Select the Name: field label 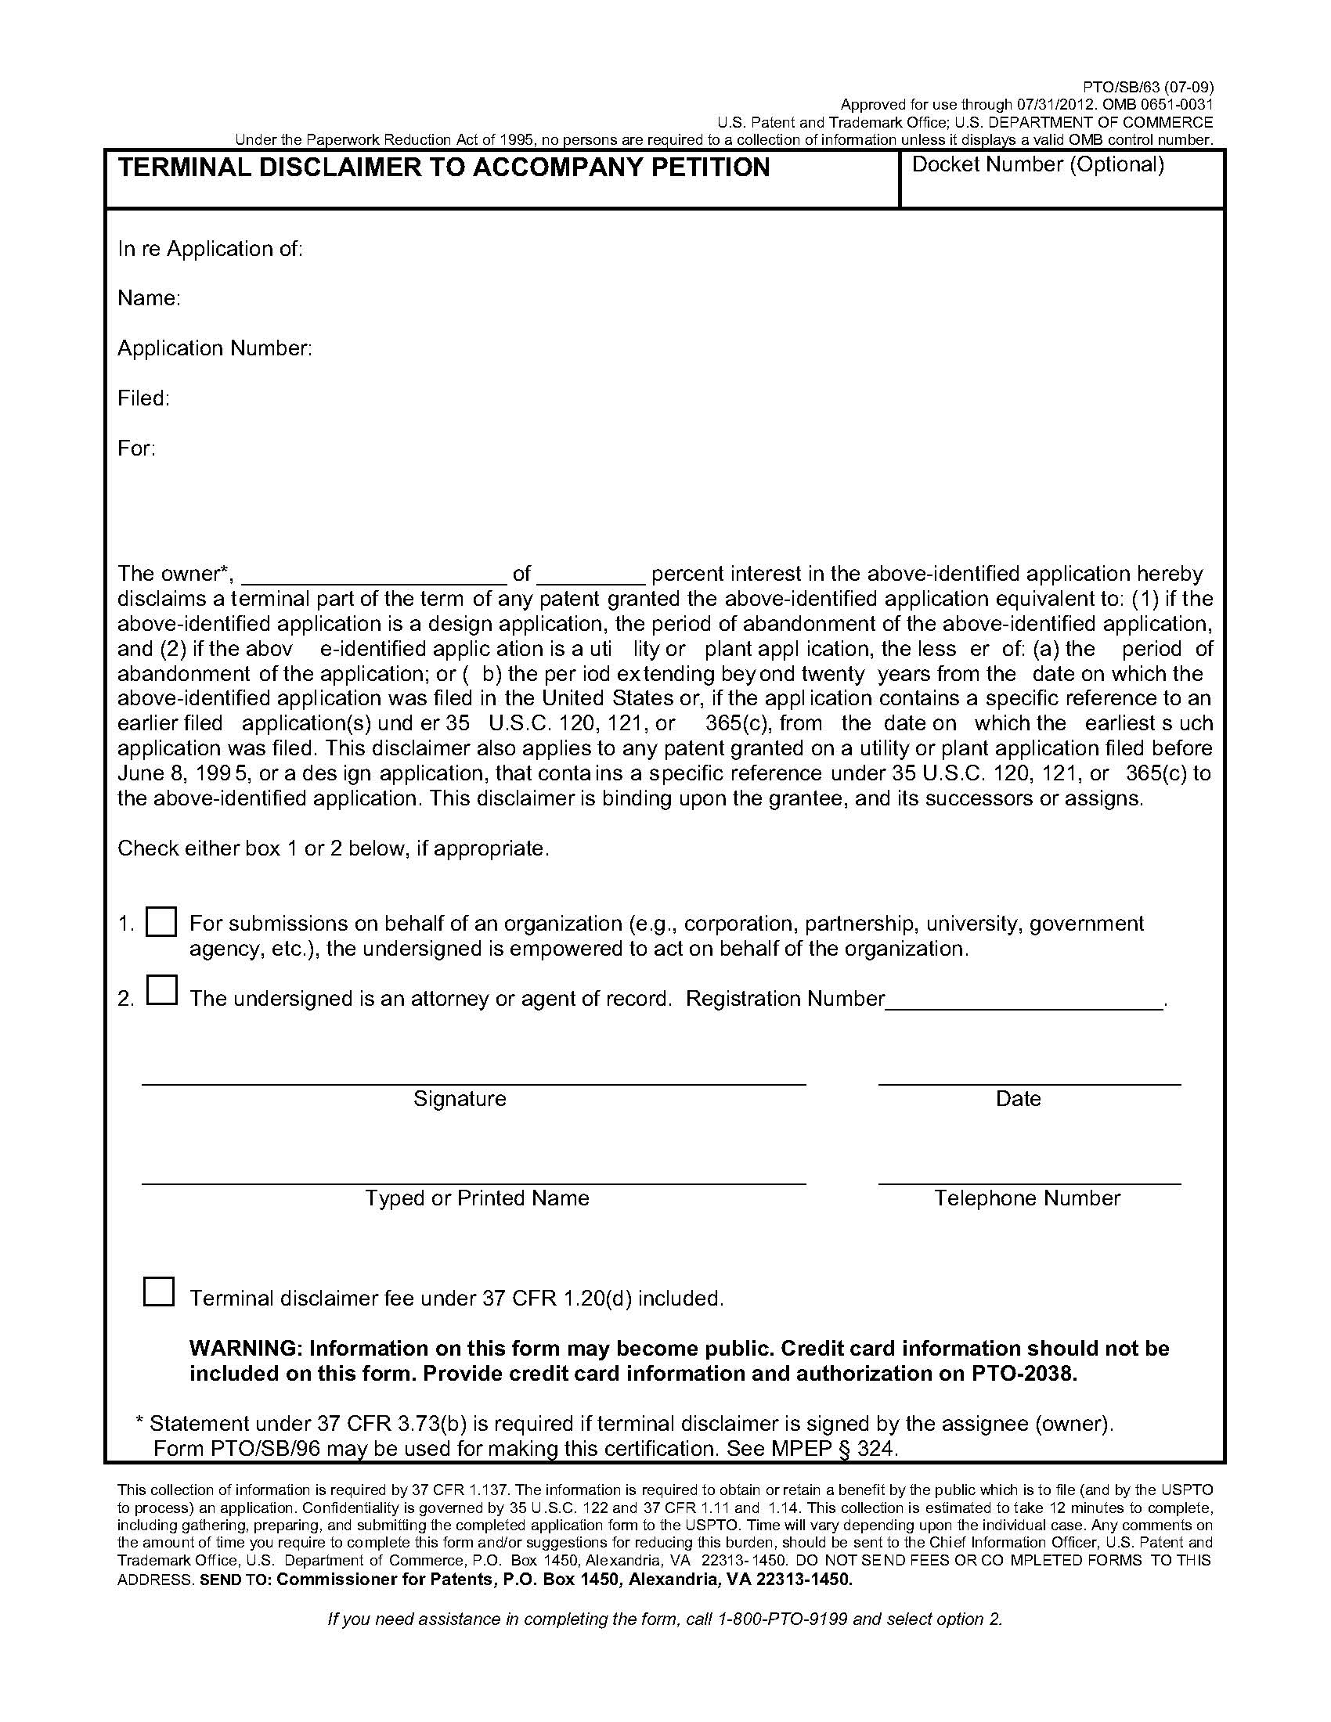pyautogui.click(x=149, y=298)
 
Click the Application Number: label pyautogui.click(x=215, y=348)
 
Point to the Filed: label pyautogui.click(x=143, y=398)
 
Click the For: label pyautogui.click(x=136, y=448)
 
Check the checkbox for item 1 pyautogui.click(x=161, y=921)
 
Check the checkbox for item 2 pyautogui.click(x=161, y=990)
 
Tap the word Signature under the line pyautogui.click(x=460, y=1098)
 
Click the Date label pyautogui.click(x=1018, y=1098)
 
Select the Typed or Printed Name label pyautogui.click(x=477, y=1198)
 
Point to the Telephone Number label pyautogui.click(x=1026, y=1198)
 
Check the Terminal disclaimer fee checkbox pyautogui.click(x=158, y=1291)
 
